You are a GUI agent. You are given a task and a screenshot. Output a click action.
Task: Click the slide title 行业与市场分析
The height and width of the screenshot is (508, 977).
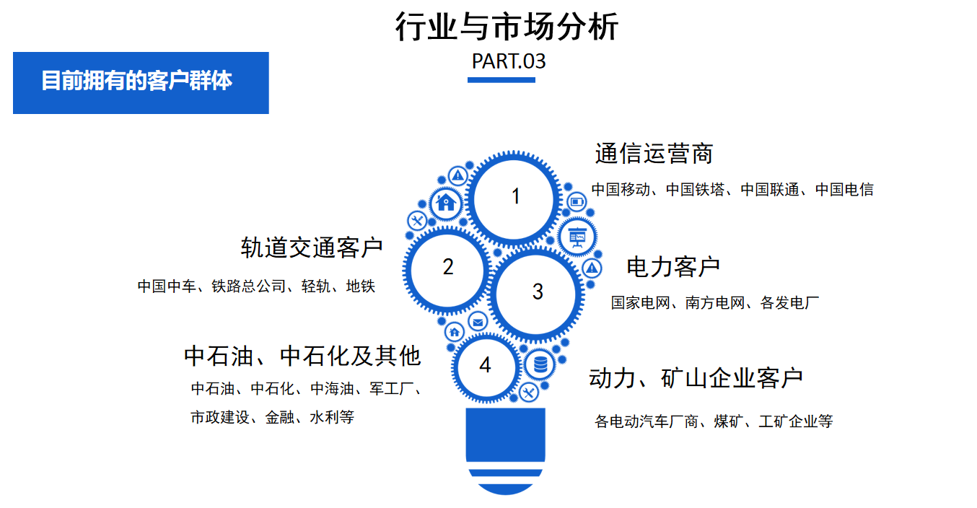tap(507, 26)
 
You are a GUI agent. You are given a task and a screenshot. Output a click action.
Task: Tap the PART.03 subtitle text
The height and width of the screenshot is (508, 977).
tap(509, 61)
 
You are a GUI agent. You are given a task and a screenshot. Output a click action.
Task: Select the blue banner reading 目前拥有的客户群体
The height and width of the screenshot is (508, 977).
tap(141, 83)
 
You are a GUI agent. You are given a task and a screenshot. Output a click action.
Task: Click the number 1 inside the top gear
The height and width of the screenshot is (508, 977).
tap(515, 196)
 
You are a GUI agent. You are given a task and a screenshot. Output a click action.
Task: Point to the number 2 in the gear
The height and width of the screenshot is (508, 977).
tap(448, 266)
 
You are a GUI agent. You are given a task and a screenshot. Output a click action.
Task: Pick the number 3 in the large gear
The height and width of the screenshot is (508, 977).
tap(538, 292)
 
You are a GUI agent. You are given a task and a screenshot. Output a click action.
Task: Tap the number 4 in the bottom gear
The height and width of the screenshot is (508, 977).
tap(485, 364)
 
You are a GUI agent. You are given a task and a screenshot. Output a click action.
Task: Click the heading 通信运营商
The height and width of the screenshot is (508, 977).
tap(654, 154)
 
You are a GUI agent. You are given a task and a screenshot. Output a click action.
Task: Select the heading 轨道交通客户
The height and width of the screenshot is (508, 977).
tap(312, 248)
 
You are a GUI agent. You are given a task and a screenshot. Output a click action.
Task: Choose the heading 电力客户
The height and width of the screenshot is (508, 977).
tap(673, 267)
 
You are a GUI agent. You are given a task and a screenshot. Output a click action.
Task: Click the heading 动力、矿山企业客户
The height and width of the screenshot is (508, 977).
tap(696, 377)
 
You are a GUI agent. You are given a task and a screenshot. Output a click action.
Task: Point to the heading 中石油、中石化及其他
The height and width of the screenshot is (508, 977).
tap(302, 356)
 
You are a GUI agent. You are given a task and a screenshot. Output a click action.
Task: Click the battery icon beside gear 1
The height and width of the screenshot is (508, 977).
tap(577, 202)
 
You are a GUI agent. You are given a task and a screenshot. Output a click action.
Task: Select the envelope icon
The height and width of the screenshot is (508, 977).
tap(478, 323)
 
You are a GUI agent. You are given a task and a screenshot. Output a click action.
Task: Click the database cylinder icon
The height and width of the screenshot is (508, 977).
tap(540, 364)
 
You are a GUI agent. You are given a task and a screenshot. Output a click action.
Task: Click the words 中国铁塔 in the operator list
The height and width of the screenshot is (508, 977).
tap(696, 190)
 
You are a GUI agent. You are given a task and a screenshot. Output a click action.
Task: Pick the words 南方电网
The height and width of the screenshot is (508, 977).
tap(715, 302)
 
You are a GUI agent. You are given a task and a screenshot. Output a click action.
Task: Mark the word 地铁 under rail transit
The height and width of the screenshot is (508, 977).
tap(361, 286)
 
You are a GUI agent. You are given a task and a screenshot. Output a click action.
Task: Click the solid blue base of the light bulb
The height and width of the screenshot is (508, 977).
tap(506, 434)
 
